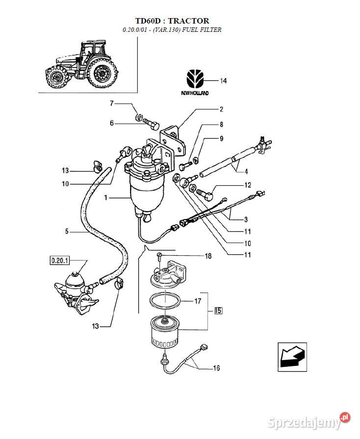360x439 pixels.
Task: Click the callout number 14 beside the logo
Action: [x=223, y=81]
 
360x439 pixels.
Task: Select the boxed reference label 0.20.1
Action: [x=59, y=261]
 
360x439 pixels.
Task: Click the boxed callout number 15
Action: [x=218, y=311]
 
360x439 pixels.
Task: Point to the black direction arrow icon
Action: [x=292, y=357]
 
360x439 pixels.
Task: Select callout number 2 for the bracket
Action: [x=221, y=109]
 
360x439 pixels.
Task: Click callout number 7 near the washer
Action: [x=112, y=103]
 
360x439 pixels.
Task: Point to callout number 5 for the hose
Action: [x=67, y=231]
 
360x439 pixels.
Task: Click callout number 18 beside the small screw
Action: [x=208, y=256]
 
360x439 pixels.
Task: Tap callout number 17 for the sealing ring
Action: [x=198, y=301]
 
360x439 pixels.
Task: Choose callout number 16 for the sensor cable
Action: [x=216, y=368]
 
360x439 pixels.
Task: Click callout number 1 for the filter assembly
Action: [x=106, y=197]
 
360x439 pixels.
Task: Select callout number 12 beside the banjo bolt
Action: [x=248, y=185]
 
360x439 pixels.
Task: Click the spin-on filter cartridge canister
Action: [x=164, y=332]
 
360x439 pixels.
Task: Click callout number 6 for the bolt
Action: [x=112, y=123]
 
